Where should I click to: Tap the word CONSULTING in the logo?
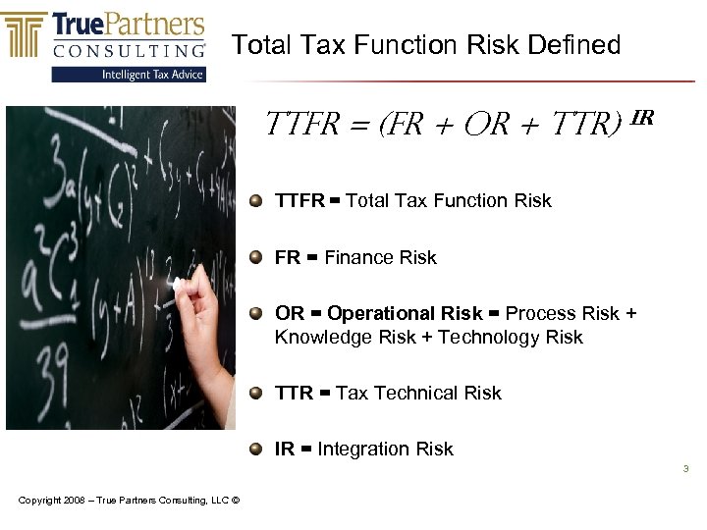(129, 49)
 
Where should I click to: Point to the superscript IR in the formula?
(642, 118)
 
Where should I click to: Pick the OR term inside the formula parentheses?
(487, 125)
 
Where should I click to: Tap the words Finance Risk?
(380, 257)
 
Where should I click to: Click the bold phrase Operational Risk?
(405, 313)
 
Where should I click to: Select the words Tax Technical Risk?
(417, 393)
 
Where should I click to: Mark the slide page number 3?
(686, 469)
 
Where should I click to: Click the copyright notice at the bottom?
(129, 502)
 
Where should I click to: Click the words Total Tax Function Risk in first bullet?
(449, 200)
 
